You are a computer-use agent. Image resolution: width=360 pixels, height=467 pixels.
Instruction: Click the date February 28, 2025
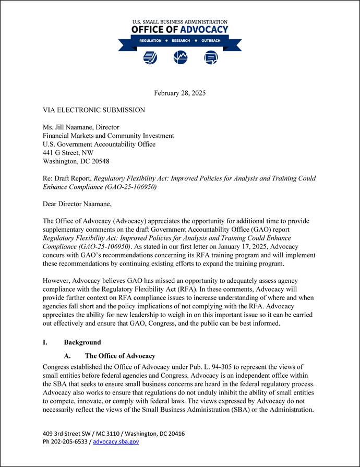point(179,93)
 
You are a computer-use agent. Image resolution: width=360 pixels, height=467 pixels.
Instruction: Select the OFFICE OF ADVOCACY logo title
point(180,30)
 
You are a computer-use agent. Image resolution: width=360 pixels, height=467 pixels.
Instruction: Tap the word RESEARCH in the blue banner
point(181,41)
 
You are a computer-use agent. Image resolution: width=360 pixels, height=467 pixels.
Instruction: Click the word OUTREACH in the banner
point(211,41)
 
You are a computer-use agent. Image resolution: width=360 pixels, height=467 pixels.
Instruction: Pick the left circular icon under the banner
point(150,57)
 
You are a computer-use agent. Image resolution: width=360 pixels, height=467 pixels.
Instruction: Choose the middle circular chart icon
point(181,57)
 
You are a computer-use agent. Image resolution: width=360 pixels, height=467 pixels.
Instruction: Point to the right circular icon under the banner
point(211,57)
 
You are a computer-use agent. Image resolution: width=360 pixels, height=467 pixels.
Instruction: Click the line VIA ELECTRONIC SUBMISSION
point(94,110)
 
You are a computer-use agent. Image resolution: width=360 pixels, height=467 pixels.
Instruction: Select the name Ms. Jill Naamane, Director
point(81,127)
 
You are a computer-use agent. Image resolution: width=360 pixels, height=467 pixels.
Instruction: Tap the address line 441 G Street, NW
point(68,153)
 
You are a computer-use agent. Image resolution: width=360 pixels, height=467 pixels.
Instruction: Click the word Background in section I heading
point(82,343)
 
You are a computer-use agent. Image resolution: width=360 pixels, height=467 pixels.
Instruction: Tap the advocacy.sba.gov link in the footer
point(116,441)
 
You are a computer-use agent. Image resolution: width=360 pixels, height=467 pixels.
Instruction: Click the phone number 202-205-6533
point(71,441)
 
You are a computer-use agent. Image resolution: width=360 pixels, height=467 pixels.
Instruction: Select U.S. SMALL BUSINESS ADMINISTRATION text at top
point(180,22)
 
